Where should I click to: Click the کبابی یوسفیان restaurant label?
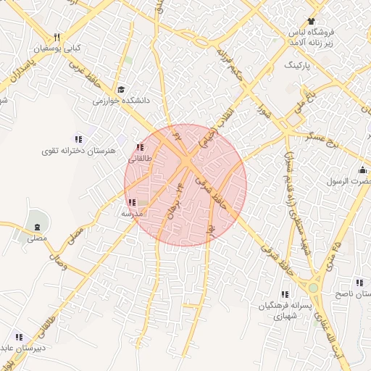[x=57, y=49]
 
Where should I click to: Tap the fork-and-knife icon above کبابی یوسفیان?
[x=57, y=38]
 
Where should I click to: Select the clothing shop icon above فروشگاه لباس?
[x=312, y=21]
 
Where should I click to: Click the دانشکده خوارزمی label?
[x=120, y=101]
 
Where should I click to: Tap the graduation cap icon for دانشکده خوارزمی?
[x=120, y=89]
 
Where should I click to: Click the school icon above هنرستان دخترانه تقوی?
[x=78, y=139]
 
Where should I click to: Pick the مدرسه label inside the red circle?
[x=134, y=214]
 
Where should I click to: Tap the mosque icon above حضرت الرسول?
[x=362, y=170]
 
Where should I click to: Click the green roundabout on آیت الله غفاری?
[x=313, y=288]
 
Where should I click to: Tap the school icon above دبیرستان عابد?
[x=18, y=337]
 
